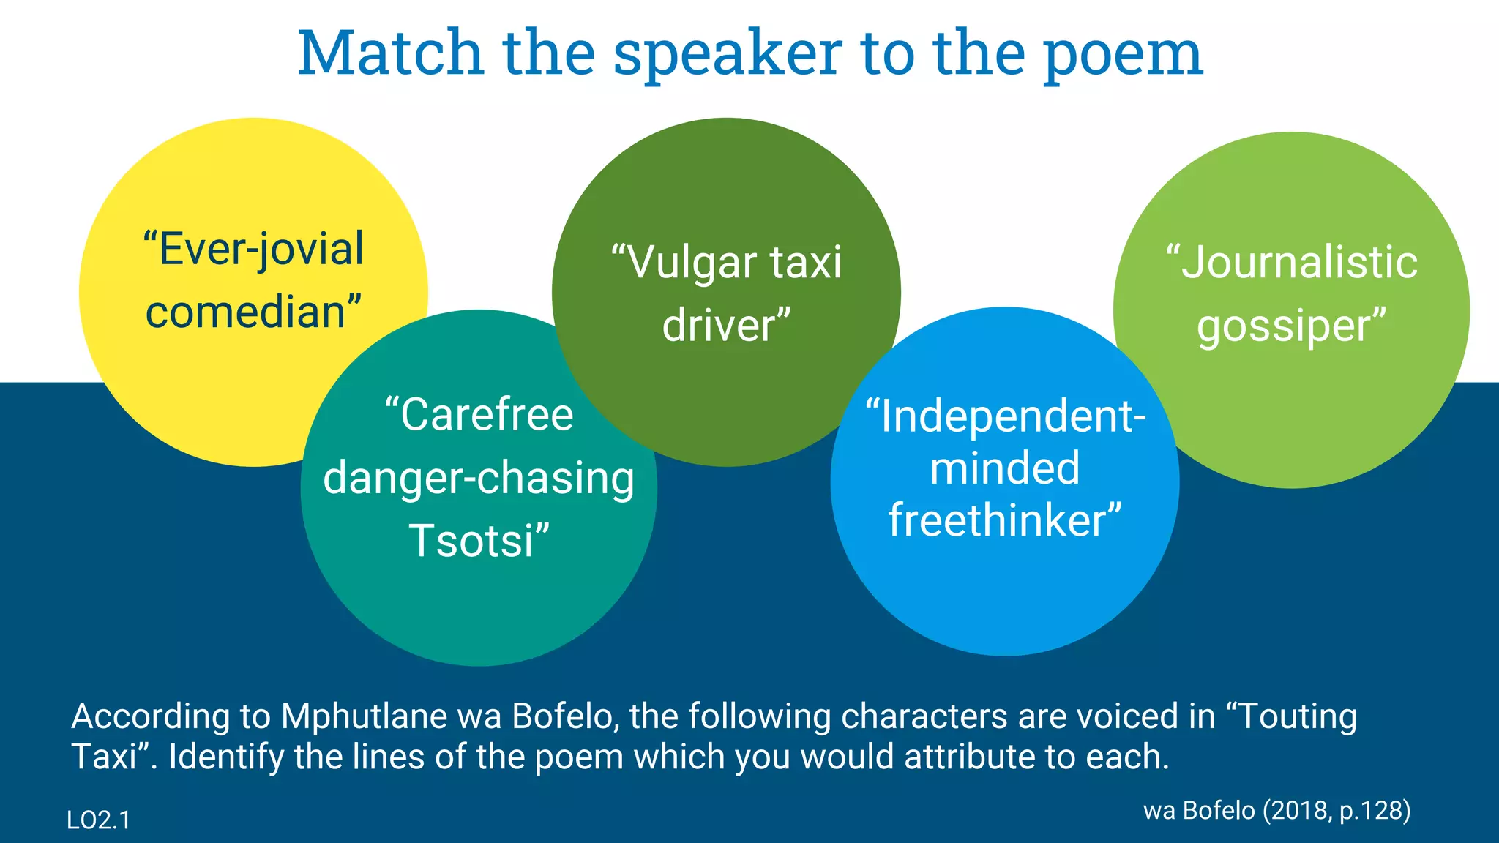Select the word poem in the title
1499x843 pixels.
(1123, 56)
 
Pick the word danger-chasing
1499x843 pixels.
(479, 479)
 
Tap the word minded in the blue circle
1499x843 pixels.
(1005, 468)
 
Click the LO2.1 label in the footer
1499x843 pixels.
(98, 820)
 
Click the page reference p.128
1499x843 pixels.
(1374, 811)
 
